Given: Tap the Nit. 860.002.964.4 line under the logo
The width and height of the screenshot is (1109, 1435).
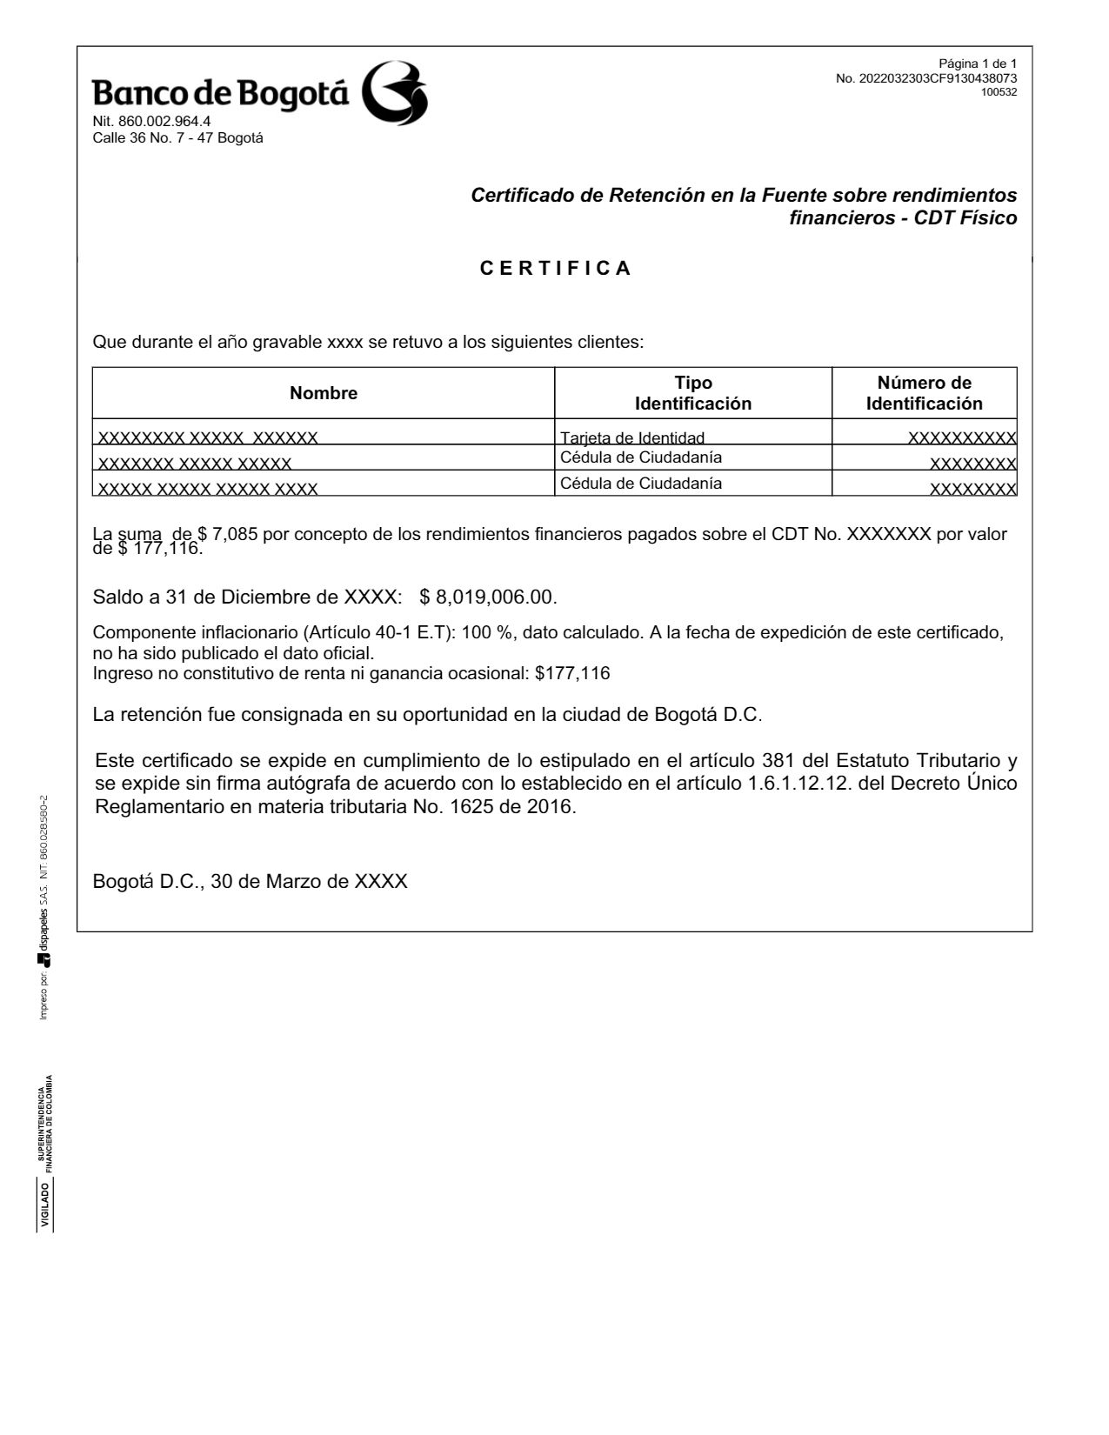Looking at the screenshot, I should (x=151, y=122).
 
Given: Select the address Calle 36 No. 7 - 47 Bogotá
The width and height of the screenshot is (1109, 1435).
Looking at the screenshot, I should (x=177, y=137).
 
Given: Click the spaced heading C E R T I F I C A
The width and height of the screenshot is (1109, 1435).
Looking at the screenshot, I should (x=556, y=268).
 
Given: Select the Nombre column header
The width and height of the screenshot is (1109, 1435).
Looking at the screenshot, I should (x=324, y=393).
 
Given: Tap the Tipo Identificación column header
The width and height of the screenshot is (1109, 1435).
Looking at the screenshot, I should (x=692, y=393).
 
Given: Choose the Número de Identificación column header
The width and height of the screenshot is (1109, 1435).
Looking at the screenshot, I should (x=924, y=393).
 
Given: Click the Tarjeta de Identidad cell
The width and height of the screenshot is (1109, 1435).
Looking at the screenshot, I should (x=632, y=438).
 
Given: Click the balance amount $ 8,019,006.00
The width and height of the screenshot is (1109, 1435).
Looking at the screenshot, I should (x=487, y=597).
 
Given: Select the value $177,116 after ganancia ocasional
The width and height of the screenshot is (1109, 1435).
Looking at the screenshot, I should (x=572, y=673).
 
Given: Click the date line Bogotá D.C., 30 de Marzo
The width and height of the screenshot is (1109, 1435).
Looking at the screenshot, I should (x=250, y=881).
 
